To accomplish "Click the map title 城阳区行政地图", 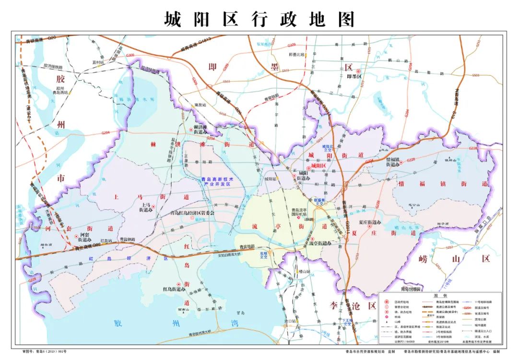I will click(x=259, y=20).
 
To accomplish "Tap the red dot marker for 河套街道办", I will click(x=76, y=236).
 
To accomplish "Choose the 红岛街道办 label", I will click(x=174, y=289).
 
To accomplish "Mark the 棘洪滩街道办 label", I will click(x=200, y=130).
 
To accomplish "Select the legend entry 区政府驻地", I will click(x=399, y=302).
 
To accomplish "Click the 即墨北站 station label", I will click(x=297, y=54).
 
